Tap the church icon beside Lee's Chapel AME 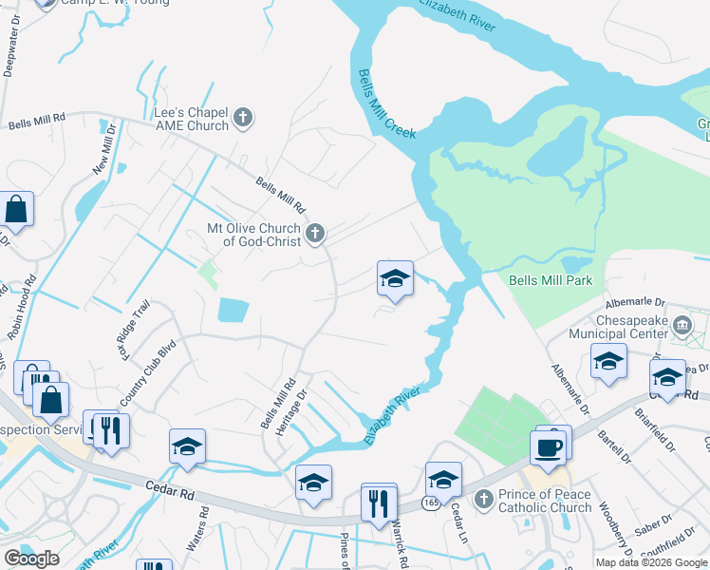[x=243, y=118]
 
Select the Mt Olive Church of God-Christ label [x=254, y=235]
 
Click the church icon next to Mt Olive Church [x=315, y=232]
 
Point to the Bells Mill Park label [x=551, y=280]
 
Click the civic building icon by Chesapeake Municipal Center [x=682, y=327]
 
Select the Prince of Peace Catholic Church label [x=545, y=501]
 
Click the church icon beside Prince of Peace [x=484, y=498]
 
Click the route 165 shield [x=432, y=503]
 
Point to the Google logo [x=31, y=559]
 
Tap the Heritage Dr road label [x=291, y=411]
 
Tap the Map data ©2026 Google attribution [x=651, y=562]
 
